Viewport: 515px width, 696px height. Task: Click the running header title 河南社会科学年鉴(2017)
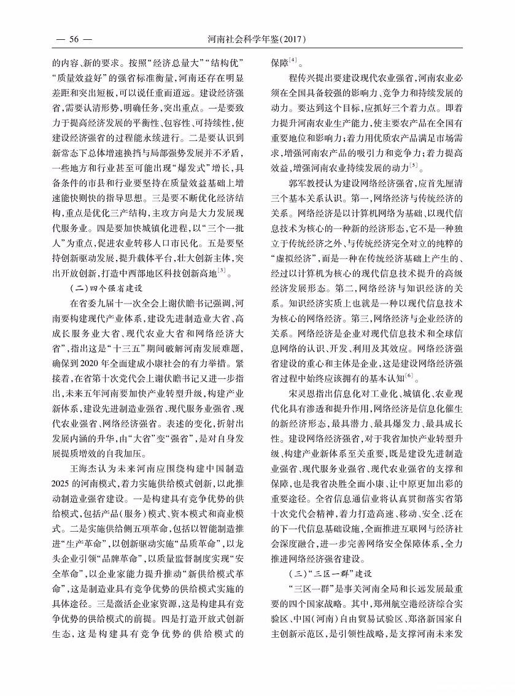pos(257,40)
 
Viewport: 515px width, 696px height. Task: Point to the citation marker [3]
pos(222,271)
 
